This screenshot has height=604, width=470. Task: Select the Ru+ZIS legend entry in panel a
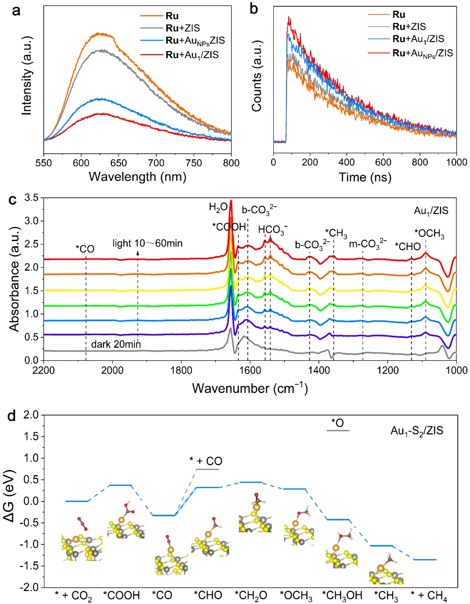(183, 28)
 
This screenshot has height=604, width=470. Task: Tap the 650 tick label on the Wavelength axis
(118, 163)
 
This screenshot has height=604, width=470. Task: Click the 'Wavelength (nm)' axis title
(138, 177)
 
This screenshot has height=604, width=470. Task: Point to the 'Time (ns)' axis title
(365, 177)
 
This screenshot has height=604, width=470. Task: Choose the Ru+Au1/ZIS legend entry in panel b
(418, 39)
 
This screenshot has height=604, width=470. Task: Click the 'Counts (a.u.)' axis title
(257, 76)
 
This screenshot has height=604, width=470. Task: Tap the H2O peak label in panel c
(218, 207)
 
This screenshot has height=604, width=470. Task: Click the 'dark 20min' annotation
(116, 345)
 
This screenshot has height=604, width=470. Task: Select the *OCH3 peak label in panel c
(429, 234)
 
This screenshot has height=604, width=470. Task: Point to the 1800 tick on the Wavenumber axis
(181, 370)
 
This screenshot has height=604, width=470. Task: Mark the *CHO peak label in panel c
(407, 247)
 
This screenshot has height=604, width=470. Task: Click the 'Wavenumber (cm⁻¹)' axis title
(250, 388)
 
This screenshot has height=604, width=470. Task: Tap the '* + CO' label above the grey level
(206, 461)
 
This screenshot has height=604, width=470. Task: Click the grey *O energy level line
(338, 430)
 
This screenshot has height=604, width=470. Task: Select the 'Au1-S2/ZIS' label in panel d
(416, 431)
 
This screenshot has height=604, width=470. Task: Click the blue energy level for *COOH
(120, 485)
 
